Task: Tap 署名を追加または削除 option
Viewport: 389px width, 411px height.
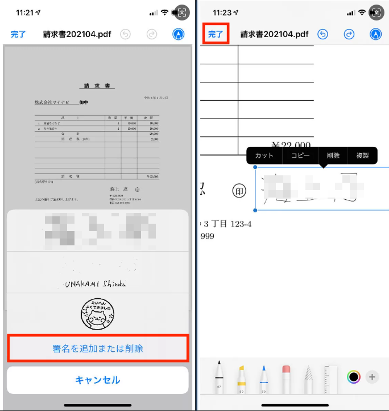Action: [x=97, y=348]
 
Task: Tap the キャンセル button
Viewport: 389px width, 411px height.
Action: [x=97, y=380]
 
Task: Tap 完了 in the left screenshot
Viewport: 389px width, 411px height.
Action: [x=18, y=34]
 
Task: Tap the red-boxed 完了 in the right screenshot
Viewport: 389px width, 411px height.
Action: [x=216, y=34]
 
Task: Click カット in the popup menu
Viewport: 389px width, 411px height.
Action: [x=264, y=155]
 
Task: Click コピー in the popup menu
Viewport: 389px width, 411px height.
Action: [x=301, y=155]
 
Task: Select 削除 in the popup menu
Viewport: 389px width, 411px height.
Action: [x=333, y=155]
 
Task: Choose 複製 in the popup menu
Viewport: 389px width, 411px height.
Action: [x=362, y=155]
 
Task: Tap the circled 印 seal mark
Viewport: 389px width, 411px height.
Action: [x=240, y=191]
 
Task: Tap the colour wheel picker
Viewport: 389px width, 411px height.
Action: [x=354, y=376]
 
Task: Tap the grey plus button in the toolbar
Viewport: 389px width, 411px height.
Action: [x=372, y=376]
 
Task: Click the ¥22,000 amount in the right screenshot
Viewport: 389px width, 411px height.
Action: [x=291, y=145]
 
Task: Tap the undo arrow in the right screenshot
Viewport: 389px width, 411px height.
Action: [x=322, y=34]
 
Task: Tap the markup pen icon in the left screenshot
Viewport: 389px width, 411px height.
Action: [x=178, y=34]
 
